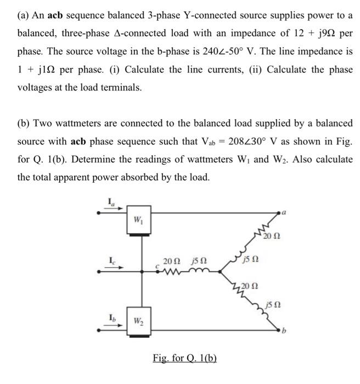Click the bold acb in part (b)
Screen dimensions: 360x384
tap(81, 142)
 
